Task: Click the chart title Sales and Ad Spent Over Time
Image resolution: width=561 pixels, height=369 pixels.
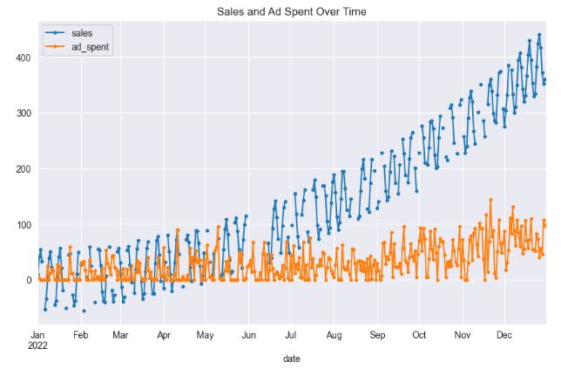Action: click(x=292, y=10)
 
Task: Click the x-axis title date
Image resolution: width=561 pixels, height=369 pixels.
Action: click(x=292, y=358)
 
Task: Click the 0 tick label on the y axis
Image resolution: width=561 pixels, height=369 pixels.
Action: click(x=28, y=280)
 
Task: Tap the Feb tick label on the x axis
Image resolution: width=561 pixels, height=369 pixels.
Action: click(x=80, y=334)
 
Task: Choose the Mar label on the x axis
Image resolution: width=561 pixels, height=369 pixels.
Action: click(x=120, y=334)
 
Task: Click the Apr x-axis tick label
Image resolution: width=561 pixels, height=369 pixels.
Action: click(x=164, y=334)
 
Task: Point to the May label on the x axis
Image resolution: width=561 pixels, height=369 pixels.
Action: click(x=206, y=334)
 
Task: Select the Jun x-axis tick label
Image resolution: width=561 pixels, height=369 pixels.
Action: click(x=249, y=334)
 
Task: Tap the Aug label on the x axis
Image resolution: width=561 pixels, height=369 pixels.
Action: click(x=334, y=334)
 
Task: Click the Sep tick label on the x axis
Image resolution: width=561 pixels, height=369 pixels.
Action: click(x=377, y=334)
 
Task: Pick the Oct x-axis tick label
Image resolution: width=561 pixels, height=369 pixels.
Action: click(x=419, y=334)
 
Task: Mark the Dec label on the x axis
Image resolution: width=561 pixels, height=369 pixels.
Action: click(x=504, y=334)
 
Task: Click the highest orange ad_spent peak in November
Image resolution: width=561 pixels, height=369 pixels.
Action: click(x=490, y=200)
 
